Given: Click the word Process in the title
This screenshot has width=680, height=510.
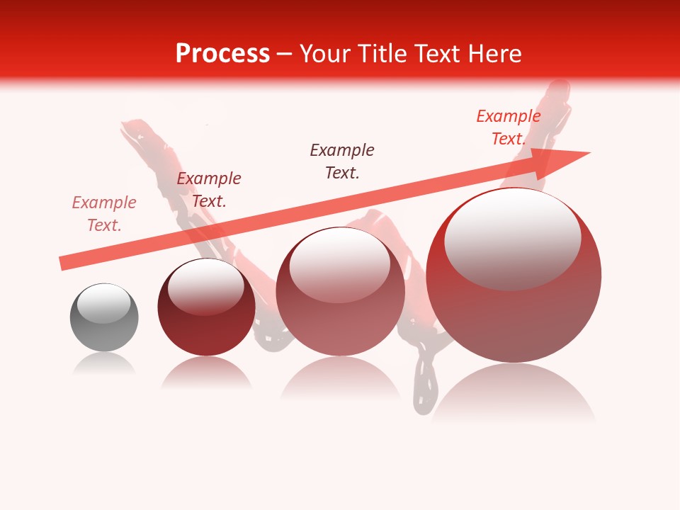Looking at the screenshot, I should pos(222,54).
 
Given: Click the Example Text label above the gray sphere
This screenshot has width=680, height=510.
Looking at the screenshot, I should pos(104,214).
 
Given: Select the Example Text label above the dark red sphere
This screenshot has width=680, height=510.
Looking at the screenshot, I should pos(209,190).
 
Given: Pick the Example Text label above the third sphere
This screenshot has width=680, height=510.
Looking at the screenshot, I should pos(342,161).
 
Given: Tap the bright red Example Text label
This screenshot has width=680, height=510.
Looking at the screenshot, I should pos(508,127).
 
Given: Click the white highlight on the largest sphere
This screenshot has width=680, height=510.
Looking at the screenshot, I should pos(512,237).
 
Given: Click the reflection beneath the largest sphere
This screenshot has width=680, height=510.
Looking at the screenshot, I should pos(514,393).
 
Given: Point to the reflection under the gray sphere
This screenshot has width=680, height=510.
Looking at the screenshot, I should pos(104,364).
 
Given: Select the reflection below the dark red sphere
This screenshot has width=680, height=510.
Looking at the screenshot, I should pos(206,373).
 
